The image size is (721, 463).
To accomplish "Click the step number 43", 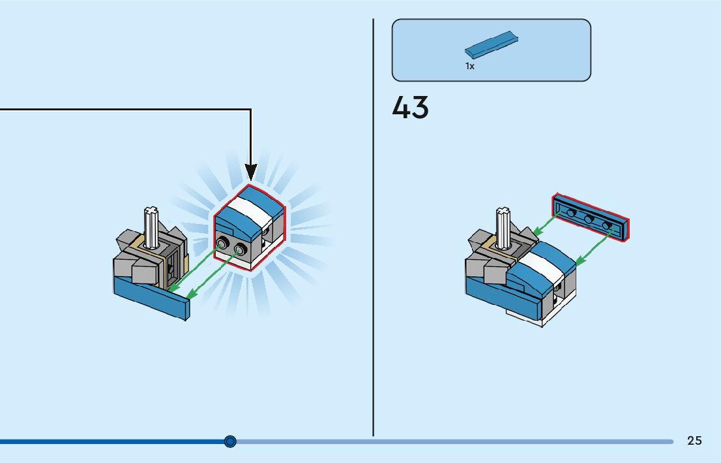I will pyautogui.click(x=410, y=108).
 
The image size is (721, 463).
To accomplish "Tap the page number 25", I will pyautogui.click(x=694, y=441).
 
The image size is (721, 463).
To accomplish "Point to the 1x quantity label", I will pyautogui.click(x=469, y=66).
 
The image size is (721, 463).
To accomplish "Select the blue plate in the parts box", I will pyautogui.click(x=492, y=45).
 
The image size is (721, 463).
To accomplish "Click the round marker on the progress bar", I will pyautogui.click(x=229, y=441).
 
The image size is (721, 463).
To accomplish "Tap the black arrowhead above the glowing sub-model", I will pyautogui.click(x=251, y=172).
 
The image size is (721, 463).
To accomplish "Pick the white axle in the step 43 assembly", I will pyautogui.click(x=504, y=228).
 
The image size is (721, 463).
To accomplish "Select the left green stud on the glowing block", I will pyautogui.click(x=224, y=245).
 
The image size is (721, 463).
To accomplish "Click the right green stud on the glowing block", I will pyautogui.click(x=240, y=249).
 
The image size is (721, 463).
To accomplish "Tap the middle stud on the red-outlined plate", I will pyautogui.click(x=589, y=219).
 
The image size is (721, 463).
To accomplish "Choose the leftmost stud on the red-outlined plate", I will pyautogui.click(x=571, y=213).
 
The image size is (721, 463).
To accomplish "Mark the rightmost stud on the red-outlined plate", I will pyautogui.click(x=607, y=225).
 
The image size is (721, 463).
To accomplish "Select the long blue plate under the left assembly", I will pyautogui.click(x=151, y=297).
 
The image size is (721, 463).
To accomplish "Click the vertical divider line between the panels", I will pyautogui.click(x=373, y=229).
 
